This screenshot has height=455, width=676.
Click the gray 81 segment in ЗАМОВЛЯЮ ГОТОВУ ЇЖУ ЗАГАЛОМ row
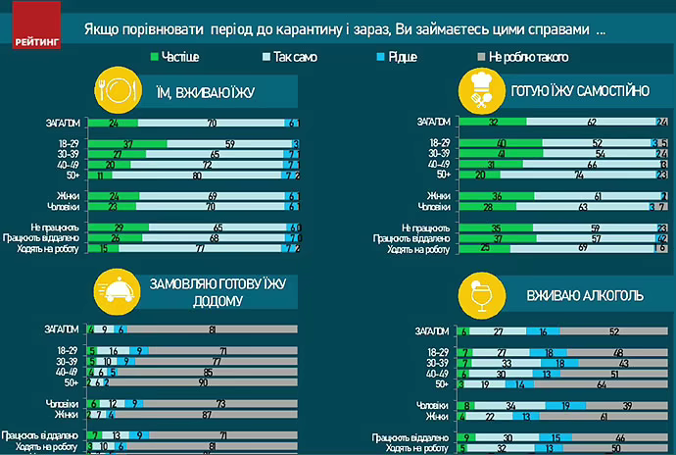pyautogui.click(x=213, y=328)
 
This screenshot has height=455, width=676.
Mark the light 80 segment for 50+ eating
pyautogui.click(x=197, y=176)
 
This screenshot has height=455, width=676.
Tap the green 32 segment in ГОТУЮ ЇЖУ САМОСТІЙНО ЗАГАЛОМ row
pyautogui.click(x=493, y=123)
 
